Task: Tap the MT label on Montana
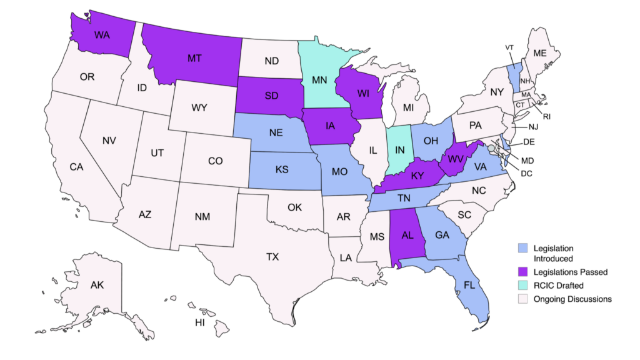(x=195, y=58)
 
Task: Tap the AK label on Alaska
(x=97, y=285)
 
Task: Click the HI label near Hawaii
(x=200, y=323)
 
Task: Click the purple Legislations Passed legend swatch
(x=524, y=272)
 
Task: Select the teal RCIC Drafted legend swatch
(x=524, y=286)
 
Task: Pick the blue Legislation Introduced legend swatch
(x=524, y=249)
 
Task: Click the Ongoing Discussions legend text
(x=572, y=299)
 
